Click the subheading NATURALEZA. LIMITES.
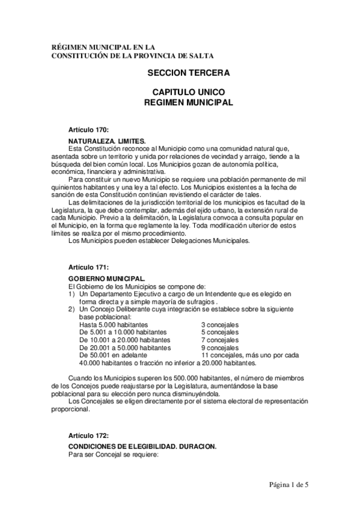click(107, 141)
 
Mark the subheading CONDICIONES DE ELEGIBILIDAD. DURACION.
click(142, 446)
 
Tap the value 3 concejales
click(219, 325)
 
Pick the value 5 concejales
click(219, 333)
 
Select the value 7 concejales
click(219, 340)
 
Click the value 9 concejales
click(219, 348)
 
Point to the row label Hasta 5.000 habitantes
click(115, 325)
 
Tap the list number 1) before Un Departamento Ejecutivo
click(71, 293)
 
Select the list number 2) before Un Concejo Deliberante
click(71, 309)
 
